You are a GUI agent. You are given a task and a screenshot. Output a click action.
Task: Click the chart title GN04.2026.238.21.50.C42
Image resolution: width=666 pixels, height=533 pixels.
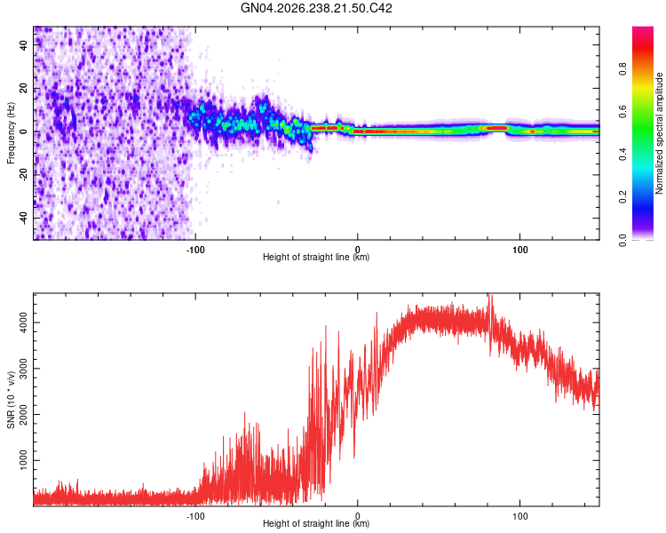tap(316, 8)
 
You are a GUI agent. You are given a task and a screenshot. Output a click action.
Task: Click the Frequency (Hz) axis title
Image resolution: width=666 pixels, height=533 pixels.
tap(11, 132)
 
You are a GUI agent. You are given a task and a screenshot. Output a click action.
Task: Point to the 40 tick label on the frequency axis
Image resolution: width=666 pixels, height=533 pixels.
tap(23, 44)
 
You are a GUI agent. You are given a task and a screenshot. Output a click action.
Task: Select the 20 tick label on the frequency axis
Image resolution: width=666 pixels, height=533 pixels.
tap(23, 88)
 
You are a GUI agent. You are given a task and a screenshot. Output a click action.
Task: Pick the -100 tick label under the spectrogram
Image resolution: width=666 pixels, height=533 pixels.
tap(195, 250)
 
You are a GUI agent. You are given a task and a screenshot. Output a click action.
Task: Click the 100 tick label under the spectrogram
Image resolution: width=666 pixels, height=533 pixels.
tap(519, 250)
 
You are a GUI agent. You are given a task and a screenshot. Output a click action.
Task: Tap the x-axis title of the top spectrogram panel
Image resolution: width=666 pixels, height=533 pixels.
tap(316, 257)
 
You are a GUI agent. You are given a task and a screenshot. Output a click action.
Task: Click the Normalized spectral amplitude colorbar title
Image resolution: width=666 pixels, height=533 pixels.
tap(659, 133)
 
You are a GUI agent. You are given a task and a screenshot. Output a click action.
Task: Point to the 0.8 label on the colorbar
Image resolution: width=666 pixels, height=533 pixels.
tap(622, 68)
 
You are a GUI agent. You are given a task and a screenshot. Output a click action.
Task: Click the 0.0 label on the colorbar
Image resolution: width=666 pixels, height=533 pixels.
tap(622, 240)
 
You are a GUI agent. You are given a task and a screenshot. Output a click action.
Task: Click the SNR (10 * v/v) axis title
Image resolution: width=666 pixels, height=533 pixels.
tap(11, 400)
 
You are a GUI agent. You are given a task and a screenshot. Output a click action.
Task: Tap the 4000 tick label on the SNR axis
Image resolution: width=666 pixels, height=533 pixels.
tap(23, 322)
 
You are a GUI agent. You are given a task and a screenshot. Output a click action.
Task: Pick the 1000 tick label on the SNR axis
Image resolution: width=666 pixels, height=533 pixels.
tap(23, 460)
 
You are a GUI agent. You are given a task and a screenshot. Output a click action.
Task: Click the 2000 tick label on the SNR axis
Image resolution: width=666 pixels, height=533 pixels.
tap(23, 415)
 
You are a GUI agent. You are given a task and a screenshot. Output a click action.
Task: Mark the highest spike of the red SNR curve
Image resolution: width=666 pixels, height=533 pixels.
tap(490, 294)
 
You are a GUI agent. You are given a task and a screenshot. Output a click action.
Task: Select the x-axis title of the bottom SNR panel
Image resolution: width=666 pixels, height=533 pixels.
tap(316, 523)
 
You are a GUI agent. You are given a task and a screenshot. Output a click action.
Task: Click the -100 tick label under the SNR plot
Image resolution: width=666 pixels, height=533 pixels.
tap(195, 516)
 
